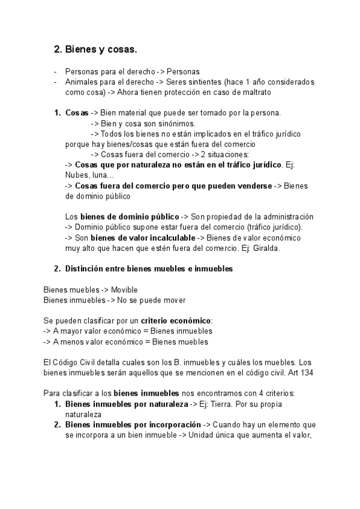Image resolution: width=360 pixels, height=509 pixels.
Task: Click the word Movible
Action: (x=124, y=290)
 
